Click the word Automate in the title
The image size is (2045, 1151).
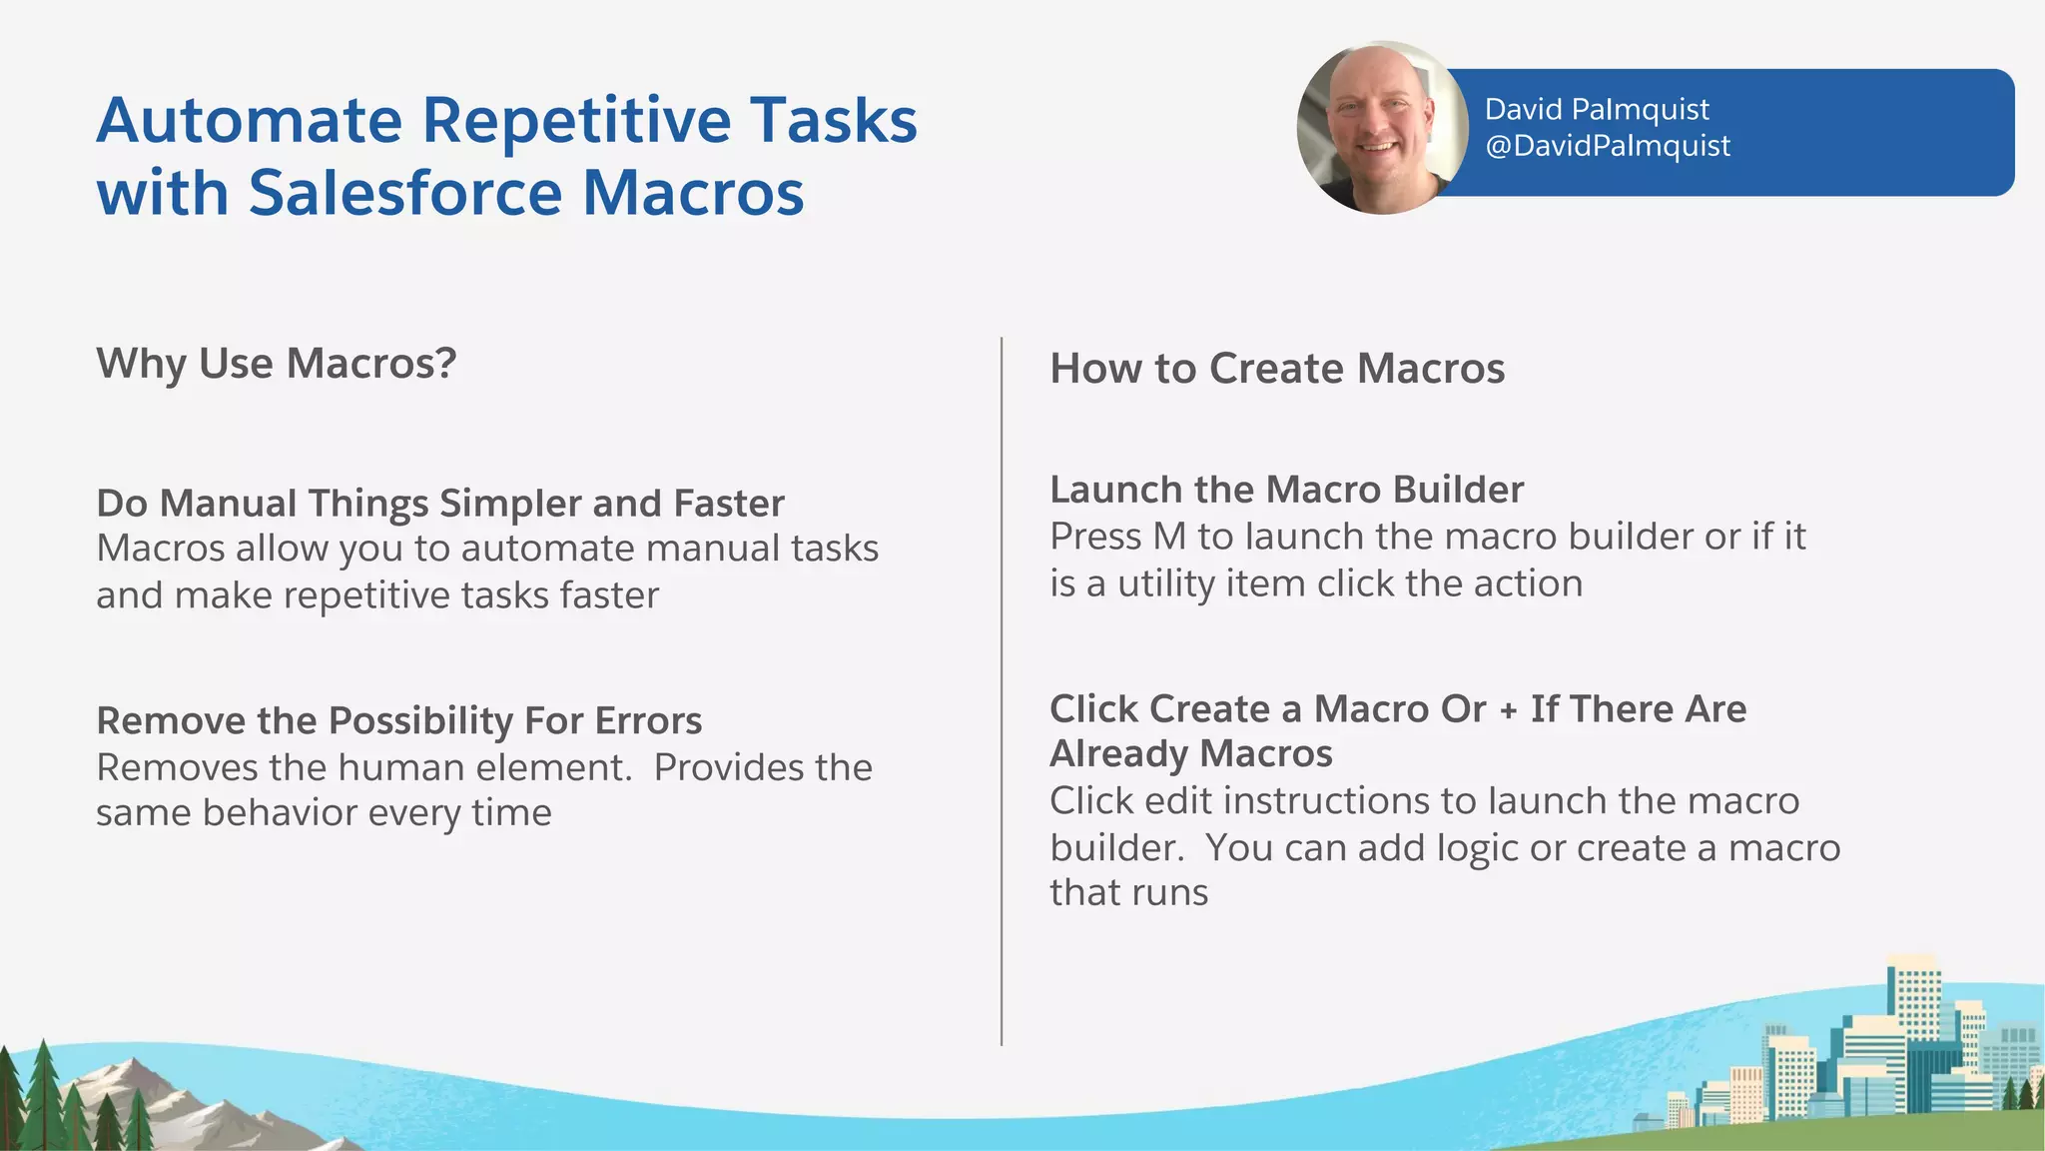(249, 121)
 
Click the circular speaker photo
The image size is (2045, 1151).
(1381, 129)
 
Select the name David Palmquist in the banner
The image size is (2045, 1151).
(1596, 109)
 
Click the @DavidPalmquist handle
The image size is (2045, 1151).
(1607, 146)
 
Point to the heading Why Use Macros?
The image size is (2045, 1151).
(276, 364)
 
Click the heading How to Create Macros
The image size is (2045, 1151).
(1276, 369)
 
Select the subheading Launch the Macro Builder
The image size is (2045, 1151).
(1286, 490)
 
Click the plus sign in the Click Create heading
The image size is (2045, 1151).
(1508, 709)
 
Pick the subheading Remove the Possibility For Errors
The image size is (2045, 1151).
(398, 720)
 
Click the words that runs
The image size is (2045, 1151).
(1128, 892)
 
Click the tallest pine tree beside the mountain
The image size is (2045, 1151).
(42, 1094)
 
